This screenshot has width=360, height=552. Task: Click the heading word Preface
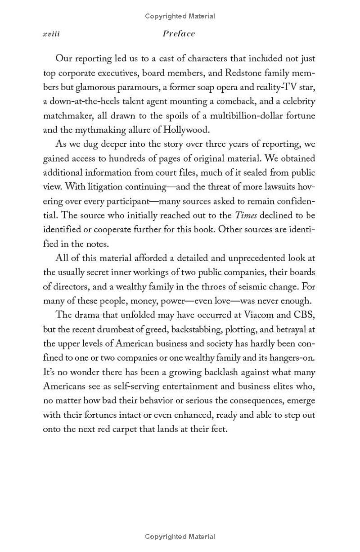click(x=179, y=34)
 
